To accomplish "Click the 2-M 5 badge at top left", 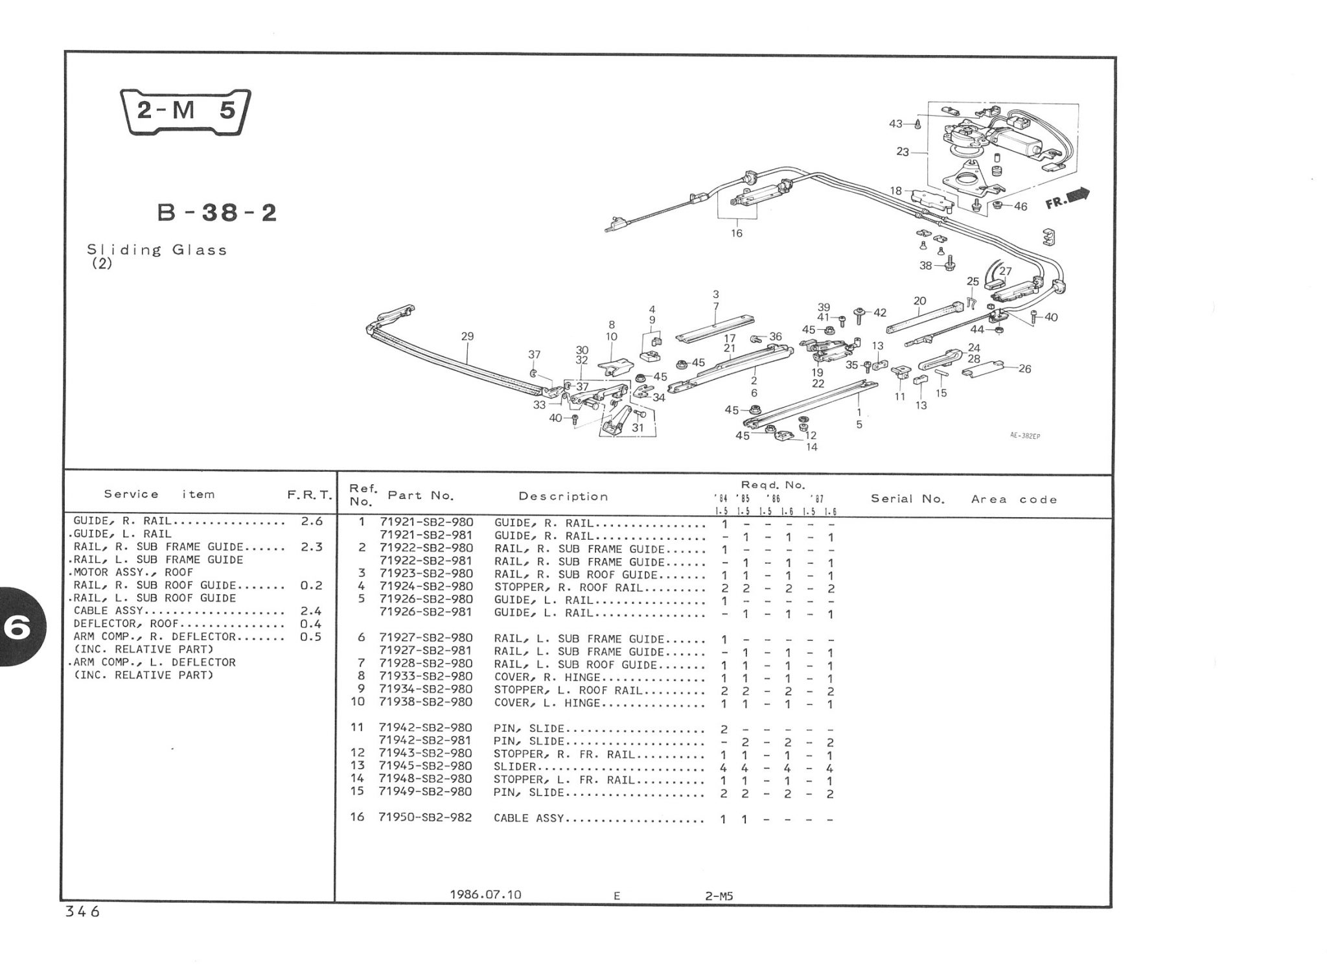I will (185, 111).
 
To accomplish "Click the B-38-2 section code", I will (217, 213).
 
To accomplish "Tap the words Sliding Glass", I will (157, 250).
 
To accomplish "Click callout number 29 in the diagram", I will (467, 336).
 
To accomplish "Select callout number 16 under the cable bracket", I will (737, 233).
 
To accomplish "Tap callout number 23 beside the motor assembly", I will (903, 152).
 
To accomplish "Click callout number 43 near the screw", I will (895, 124).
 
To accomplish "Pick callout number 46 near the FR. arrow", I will (1021, 207).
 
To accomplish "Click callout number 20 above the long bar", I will (919, 301).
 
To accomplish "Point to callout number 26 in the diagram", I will (1024, 369).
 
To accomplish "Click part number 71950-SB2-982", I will (425, 818).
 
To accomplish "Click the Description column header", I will (563, 497).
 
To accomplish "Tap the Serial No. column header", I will (908, 499).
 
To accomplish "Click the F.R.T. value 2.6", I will (312, 521).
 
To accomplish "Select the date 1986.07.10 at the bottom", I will (485, 895).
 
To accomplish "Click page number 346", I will (82, 912).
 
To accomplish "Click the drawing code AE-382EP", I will (1025, 436).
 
